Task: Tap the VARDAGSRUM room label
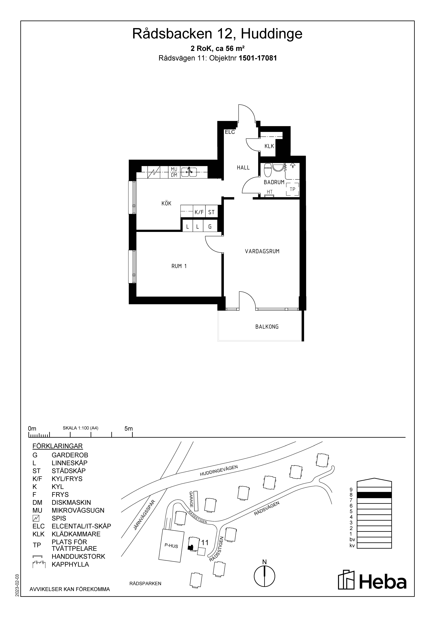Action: pyautogui.click(x=262, y=251)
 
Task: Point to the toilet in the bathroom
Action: pyautogui.click(x=268, y=170)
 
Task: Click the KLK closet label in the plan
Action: pyautogui.click(x=269, y=146)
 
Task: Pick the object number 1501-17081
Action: pyautogui.click(x=258, y=58)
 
